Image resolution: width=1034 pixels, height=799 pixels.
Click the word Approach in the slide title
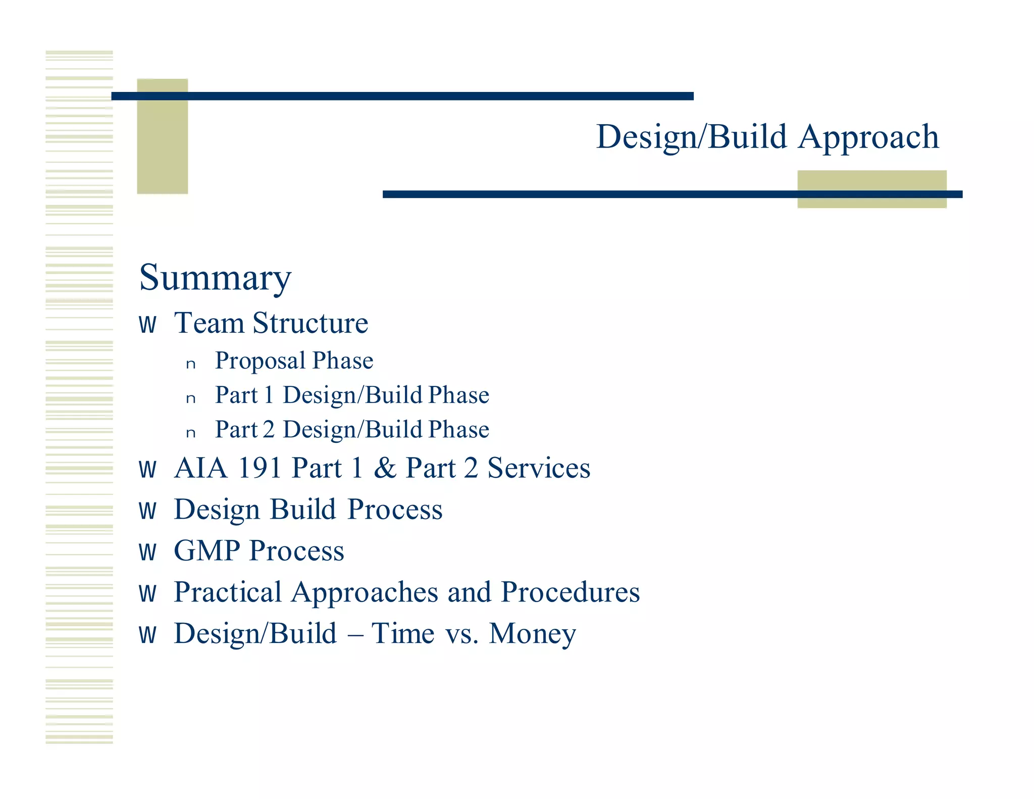pyautogui.click(x=868, y=137)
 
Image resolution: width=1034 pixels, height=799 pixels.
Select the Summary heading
pyautogui.click(x=215, y=277)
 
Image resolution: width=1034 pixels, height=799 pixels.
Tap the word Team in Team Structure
pyautogui.click(x=209, y=323)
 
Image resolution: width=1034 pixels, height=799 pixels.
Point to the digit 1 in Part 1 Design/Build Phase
pyautogui.click(x=269, y=395)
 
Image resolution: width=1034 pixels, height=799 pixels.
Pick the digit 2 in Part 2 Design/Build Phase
pyautogui.click(x=269, y=429)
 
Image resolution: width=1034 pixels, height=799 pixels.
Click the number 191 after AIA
pyautogui.click(x=259, y=468)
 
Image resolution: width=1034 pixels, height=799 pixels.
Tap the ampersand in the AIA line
pyautogui.click(x=385, y=468)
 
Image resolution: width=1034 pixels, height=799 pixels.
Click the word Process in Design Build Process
pyautogui.click(x=395, y=509)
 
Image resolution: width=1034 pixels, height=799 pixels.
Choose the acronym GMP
pyautogui.click(x=206, y=551)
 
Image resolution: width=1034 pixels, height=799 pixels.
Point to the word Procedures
pyautogui.click(x=570, y=592)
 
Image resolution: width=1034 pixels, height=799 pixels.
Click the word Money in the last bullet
pyautogui.click(x=532, y=634)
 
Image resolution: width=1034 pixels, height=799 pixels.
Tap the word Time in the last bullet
pyautogui.click(x=403, y=633)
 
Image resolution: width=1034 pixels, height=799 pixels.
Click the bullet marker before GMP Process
pyautogui.click(x=147, y=552)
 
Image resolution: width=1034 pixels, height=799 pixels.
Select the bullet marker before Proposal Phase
pyautogui.click(x=190, y=364)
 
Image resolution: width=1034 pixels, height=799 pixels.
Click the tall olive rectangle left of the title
pyautogui.click(x=162, y=136)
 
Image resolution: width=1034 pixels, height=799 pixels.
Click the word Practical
pyautogui.click(x=228, y=592)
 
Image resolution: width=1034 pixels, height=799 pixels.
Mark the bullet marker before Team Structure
pyautogui.click(x=147, y=325)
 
